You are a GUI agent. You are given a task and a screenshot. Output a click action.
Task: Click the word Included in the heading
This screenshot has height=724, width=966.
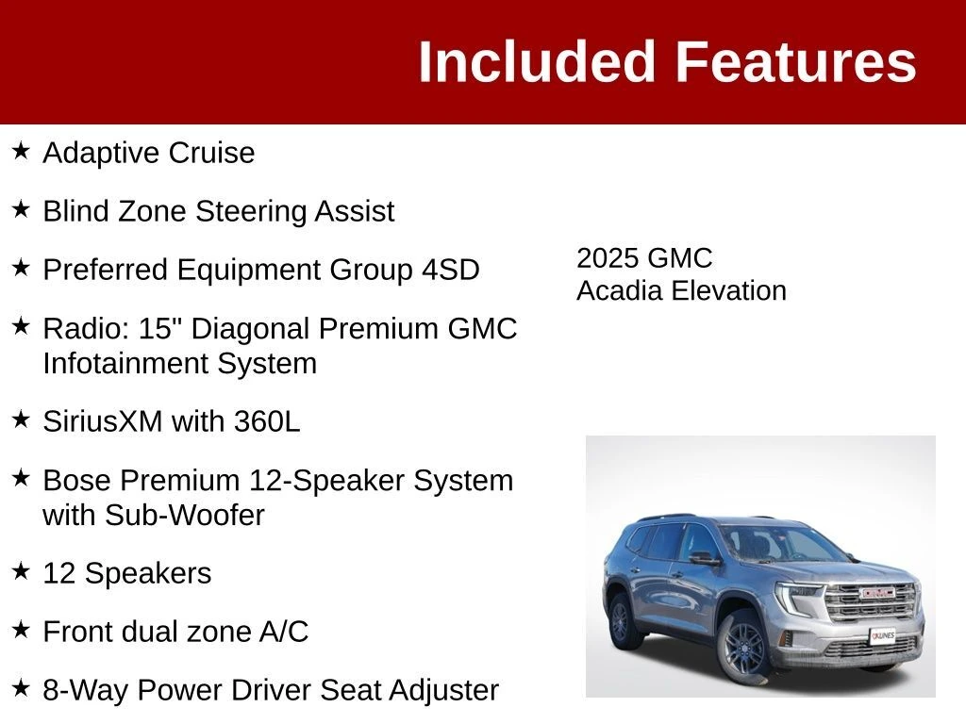[x=536, y=61]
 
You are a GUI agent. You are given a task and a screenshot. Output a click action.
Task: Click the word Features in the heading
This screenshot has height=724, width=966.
[x=796, y=61]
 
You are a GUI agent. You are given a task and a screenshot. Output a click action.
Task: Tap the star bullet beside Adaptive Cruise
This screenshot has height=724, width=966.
[x=21, y=150]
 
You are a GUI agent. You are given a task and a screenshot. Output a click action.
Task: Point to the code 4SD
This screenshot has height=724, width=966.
[x=450, y=270]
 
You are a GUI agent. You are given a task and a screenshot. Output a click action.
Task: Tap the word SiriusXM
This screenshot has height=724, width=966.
[x=103, y=421]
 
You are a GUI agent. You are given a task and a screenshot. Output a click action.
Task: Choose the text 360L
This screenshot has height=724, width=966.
[x=267, y=421]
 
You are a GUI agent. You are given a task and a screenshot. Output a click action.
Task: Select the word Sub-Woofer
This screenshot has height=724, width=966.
[x=184, y=516]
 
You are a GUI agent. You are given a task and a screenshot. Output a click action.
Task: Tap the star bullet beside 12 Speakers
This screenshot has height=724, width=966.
[x=21, y=570]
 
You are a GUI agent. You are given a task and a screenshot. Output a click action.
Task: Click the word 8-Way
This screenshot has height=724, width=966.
[x=86, y=690]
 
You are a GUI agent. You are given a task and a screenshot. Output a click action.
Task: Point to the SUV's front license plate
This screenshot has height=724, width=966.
[x=883, y=635]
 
